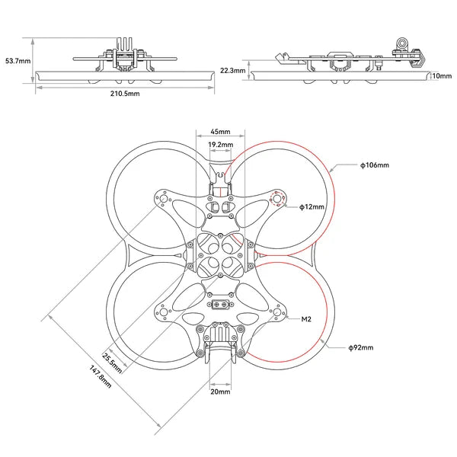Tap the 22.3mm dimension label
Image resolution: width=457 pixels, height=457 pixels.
pyautogui.click(x=233, y=70)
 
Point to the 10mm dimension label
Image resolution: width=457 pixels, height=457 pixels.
pyautogui.click(x=439, y=76)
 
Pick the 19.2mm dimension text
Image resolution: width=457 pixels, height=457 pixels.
pyautogui.click(x=220, y=143)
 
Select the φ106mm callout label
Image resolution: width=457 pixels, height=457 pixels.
pyautogui.click(x=374, y=165)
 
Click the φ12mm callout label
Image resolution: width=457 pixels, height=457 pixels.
pyautogui.click(x=312, y=206)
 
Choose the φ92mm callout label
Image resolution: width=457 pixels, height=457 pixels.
pyautogui.click(x=360, y=347)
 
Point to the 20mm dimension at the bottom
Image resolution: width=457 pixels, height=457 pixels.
pyautogui.click(x=220, y=392)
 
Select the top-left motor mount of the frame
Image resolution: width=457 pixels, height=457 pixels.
pyautogui.click(x=161, y=199)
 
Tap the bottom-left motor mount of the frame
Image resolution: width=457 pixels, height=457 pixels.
pyautogui.click(x=161, y=312)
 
